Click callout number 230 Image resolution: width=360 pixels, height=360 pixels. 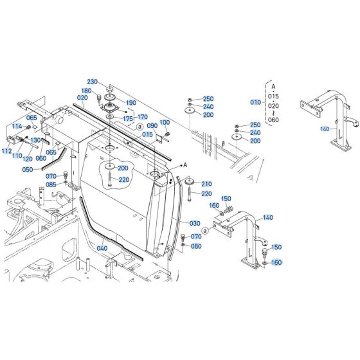tap(93, 82)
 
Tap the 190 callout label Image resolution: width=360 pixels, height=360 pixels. tap(131, 103)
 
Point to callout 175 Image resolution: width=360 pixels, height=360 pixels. tap(128, 119)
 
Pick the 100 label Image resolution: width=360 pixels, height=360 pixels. tap(165, 122)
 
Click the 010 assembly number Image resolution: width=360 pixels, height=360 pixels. tap(256, 102)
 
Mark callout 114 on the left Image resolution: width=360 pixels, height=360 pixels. tap(16, 127)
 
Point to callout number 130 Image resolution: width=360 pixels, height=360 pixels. tap(35, 141)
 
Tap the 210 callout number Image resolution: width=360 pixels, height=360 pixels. tap(206, 184)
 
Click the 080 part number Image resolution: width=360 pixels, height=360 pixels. tap(196, 246)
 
